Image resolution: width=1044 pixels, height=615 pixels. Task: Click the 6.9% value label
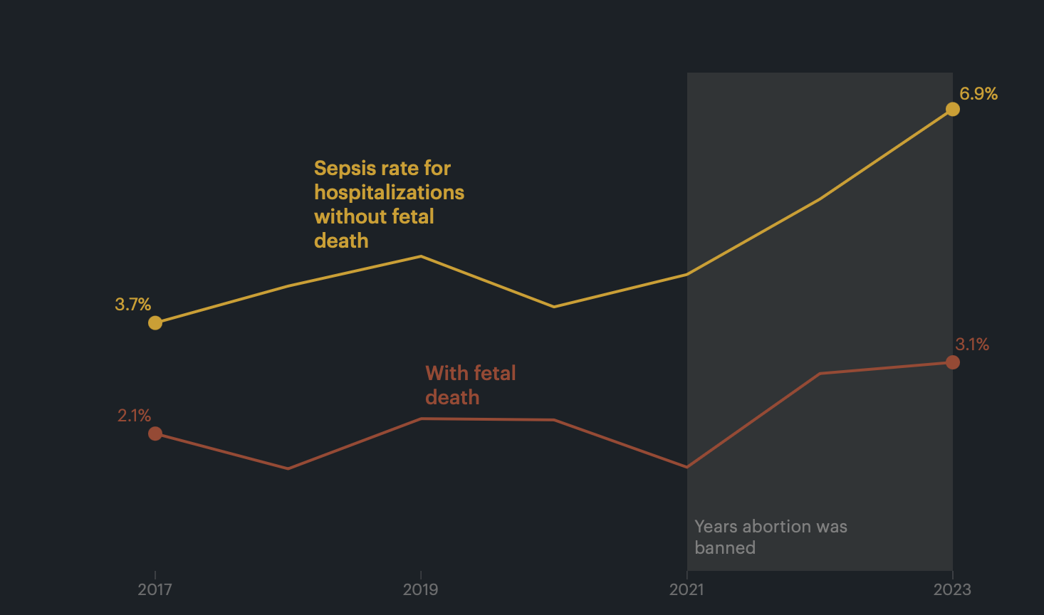pos(978,94)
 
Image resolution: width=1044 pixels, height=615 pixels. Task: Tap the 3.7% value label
pos(133,305)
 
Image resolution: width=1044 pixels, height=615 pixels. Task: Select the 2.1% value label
pos(134,416)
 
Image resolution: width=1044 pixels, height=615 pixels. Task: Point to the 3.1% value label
pos(972,345)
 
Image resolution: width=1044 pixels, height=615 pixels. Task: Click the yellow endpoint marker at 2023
pos(953,109)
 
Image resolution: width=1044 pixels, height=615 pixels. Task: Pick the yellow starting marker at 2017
pos(155,323)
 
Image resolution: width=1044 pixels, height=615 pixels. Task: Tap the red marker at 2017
pos(155,433)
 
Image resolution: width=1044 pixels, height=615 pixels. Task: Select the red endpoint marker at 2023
pos(953,362)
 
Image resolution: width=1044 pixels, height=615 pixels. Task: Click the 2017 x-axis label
pos(155,589)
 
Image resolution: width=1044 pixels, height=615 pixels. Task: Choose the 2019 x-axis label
pos(421,589)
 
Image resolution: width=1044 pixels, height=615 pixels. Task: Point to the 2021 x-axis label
pos(687,589)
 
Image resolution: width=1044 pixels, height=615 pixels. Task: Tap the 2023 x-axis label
pos(952,589)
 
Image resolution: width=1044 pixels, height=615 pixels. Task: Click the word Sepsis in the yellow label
pos(345,169)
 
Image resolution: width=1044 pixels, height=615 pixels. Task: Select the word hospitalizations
pos(389,193)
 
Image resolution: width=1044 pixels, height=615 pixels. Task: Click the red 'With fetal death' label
pos(470,385)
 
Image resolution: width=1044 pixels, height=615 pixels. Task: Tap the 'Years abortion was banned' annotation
pos(771,537)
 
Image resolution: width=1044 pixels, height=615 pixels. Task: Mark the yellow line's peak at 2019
pos(421,256)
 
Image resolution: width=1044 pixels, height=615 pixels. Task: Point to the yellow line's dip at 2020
pos(554,307)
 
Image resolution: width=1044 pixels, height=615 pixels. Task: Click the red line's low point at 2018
pos(288,468)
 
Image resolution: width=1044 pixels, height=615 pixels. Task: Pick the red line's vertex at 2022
pos(820,373)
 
